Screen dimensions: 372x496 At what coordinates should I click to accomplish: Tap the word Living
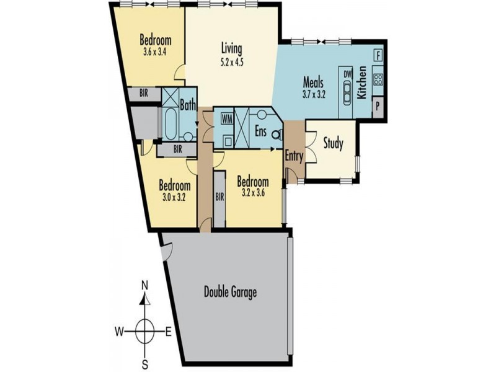click(x=231, y=48)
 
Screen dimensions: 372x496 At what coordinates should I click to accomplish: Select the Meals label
click(x=314, y=81)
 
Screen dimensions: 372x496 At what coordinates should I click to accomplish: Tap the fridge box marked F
click(x=378, y=55)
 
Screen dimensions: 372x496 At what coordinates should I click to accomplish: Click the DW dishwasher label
click(x=347, y=74)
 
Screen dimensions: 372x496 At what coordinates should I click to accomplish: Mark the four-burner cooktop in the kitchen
click(x=378, y=80)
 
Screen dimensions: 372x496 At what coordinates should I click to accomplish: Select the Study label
click(x=333, y=144)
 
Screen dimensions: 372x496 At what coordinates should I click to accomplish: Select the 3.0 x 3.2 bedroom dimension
click(x=174, y=198)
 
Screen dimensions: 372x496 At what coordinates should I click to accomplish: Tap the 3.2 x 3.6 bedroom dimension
click(x=252, y=193)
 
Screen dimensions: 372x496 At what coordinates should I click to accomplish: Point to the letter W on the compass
click(x=117, y=330)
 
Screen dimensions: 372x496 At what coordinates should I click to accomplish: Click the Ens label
click(x=261, y=131)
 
